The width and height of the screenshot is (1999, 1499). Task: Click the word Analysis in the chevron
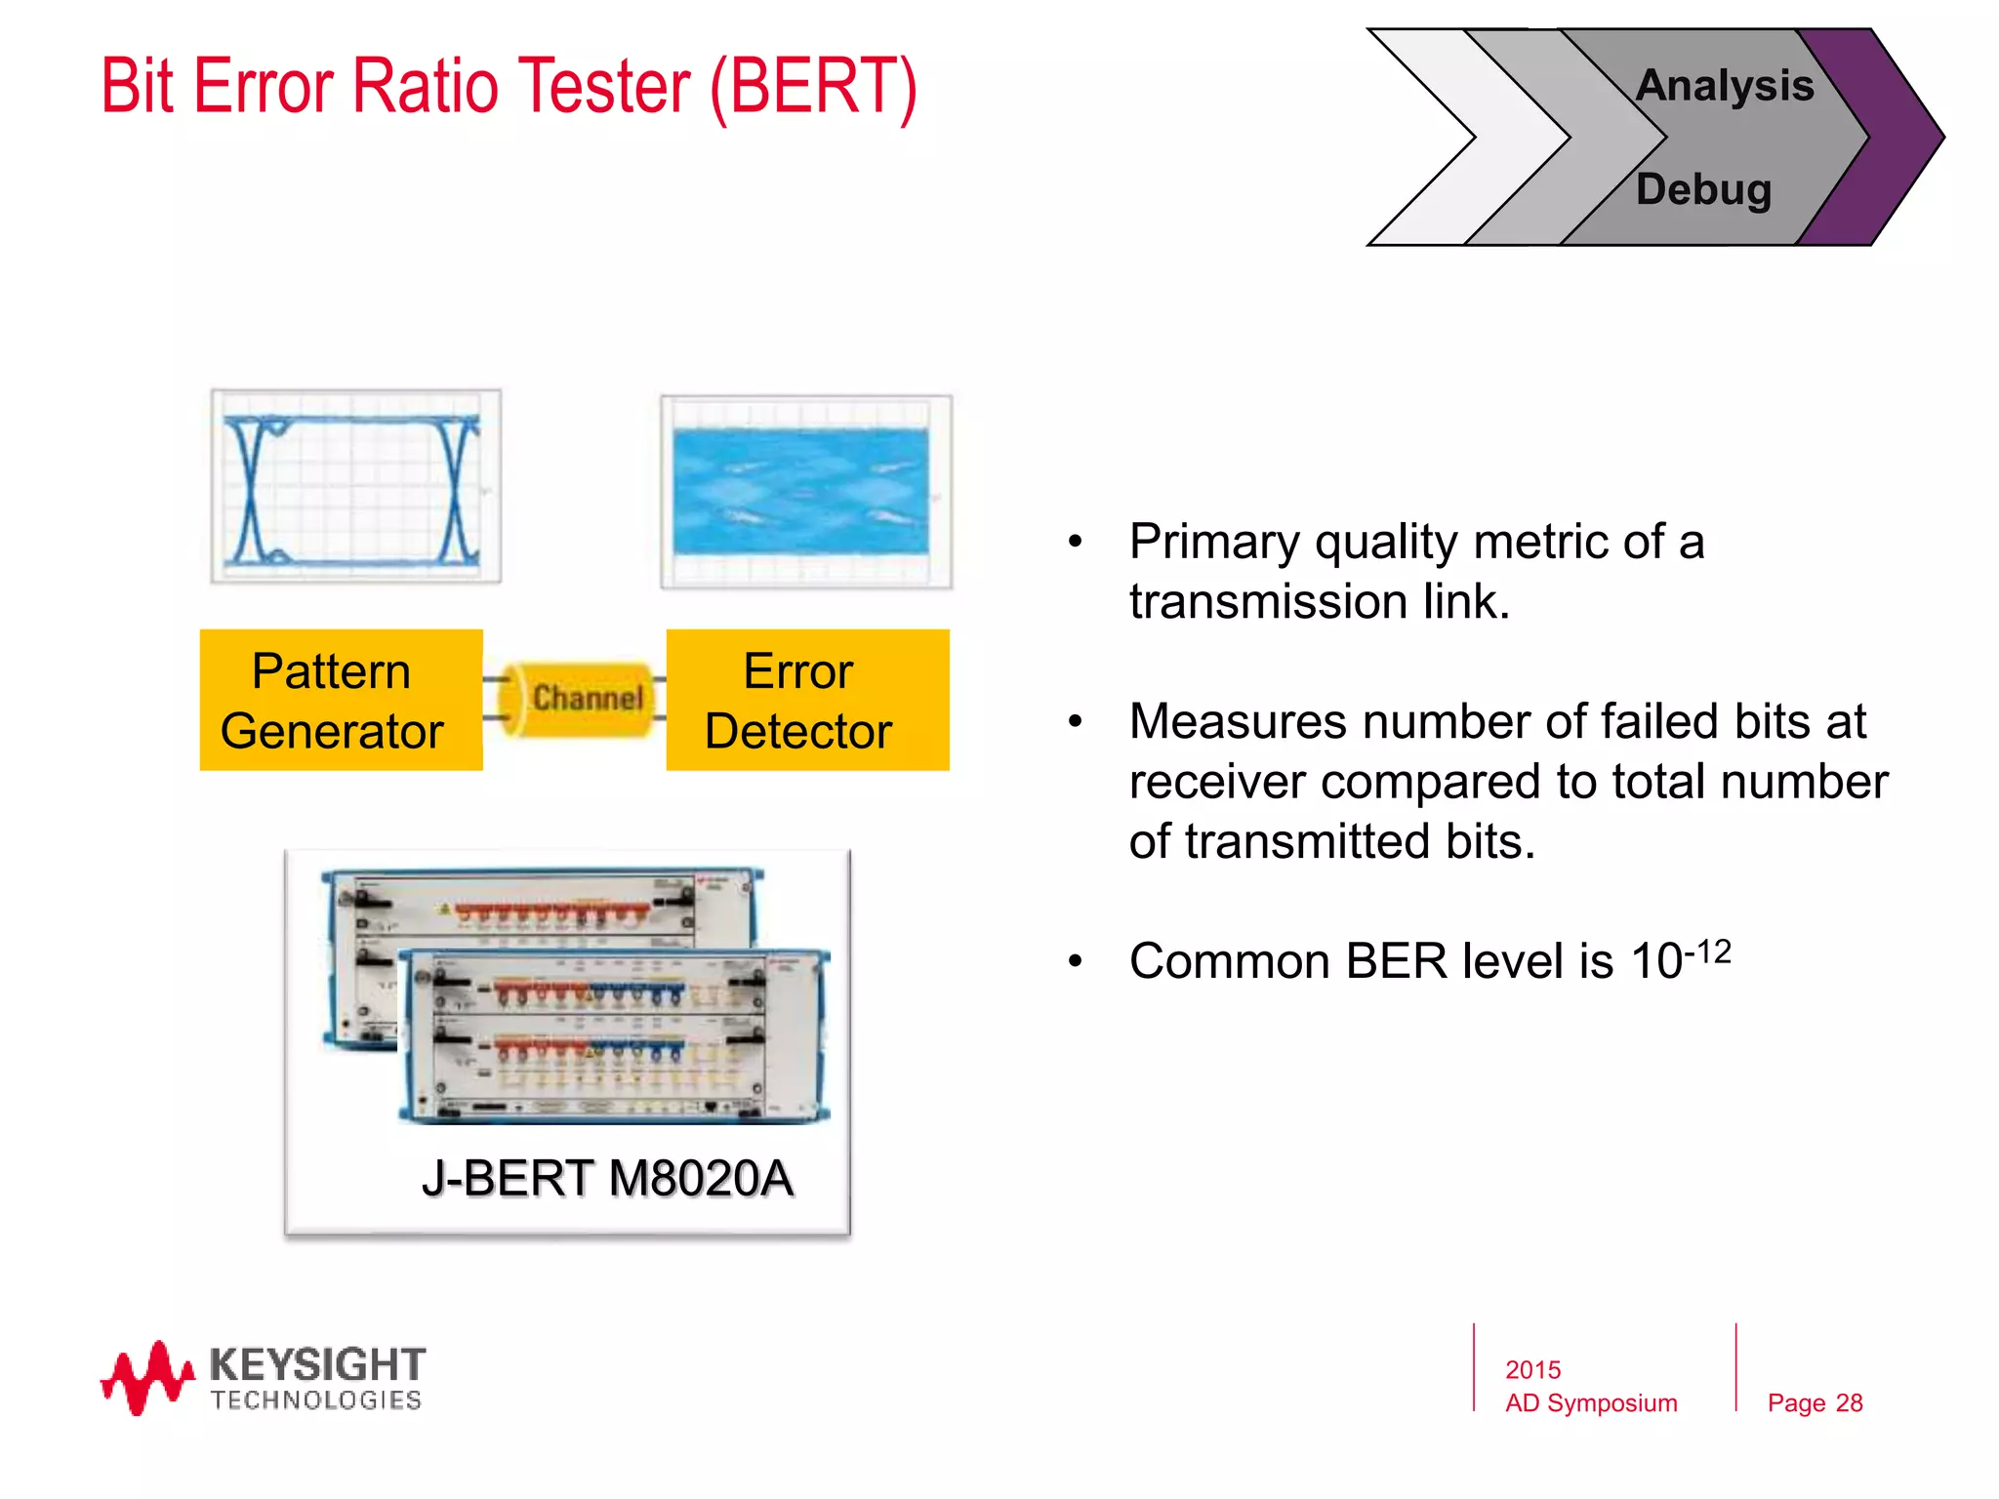pyautogui.click(x=1725, y=86)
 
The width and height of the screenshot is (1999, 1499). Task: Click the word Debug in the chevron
pyautogui.click(x=1703, y=189)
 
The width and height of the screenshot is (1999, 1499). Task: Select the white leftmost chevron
pyautogui.click(x=1435, y=137)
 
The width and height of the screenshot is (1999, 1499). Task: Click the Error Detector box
pyautogui.click(x=807, y=700)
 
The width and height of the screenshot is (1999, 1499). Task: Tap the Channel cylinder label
pyautogui.click(x=587, y=698)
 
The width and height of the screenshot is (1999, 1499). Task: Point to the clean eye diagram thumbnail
pyautogui.click(x=355, y=486)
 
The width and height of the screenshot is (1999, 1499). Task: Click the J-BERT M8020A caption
pyautogui.click(x=606, y=1178)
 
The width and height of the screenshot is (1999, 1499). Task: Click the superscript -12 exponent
pyautogui.click(x=1707, y=951)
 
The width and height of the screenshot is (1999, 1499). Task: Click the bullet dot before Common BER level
pyautogui.click(x=1075, y=961)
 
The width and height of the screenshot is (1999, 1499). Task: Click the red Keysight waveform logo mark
pyautogui.click(x=146, y=1377)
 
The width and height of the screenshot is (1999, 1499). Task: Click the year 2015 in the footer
pyautogui.click(x=1532, y=1369)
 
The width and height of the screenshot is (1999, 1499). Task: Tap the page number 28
pyautogui.click(x=1849, y=1402)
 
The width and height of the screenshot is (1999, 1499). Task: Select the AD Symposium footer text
pyautogui.click(x=1590, y=1402)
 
